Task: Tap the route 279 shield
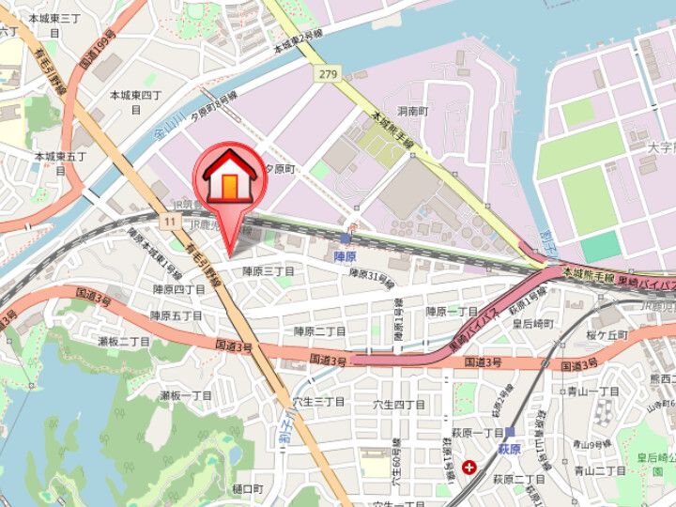click(x=327, y=74)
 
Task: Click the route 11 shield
click(x=169, y=221)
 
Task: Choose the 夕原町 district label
click(x=278, y=169)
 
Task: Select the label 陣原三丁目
click(x=269, y=271)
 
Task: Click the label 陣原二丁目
click(x=320, y=331)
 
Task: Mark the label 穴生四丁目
click(x=399, y=405)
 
